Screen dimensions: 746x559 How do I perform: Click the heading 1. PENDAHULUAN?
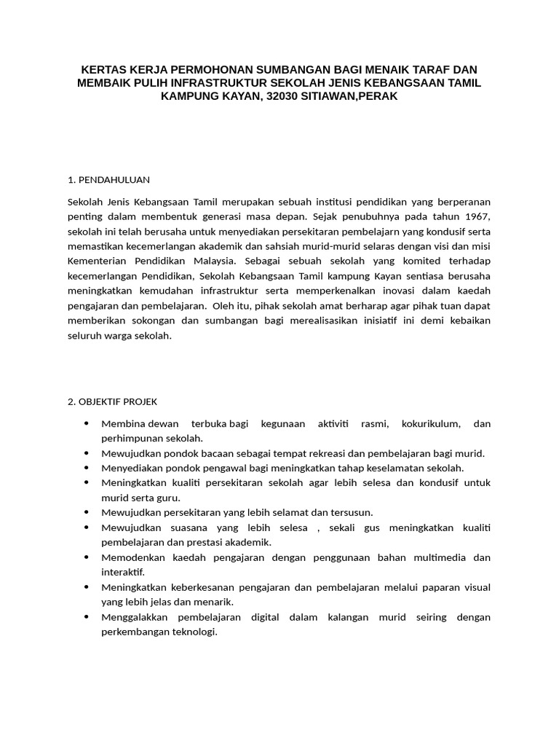[108, 179]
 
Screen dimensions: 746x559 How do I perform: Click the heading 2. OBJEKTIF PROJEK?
[112, 401]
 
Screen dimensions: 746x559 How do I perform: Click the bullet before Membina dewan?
[87, 423]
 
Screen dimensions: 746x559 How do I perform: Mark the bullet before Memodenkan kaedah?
[87, 557]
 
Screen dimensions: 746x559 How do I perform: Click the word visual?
[476, 587]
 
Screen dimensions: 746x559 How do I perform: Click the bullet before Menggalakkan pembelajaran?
[87, 617]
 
